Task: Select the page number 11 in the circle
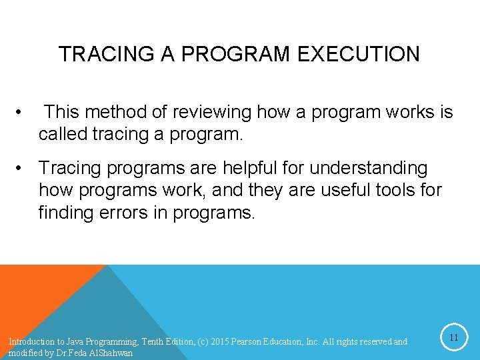pos(453,338)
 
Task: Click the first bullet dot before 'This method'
pos(23,112)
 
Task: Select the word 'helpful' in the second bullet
pos(268,167)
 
